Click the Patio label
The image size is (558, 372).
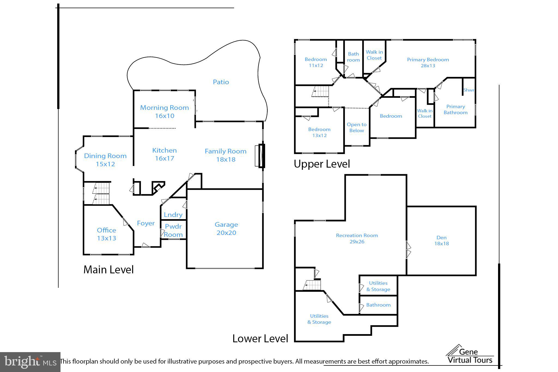221,82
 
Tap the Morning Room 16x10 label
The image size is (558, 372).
164,111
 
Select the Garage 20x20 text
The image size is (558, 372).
226,228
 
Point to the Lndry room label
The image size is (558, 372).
173,215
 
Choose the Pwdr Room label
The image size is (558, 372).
173,230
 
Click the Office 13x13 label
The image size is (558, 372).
107,234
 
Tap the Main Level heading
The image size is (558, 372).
108,270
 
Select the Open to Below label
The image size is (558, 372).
356,127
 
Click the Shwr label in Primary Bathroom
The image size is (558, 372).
469,90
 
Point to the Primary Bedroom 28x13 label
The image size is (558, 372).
428,62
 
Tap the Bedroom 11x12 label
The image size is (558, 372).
316,62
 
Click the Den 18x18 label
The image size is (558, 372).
441,240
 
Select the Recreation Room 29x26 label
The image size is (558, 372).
357,238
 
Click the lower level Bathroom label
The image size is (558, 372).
378,305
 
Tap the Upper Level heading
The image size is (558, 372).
322,164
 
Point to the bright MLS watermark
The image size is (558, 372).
30,362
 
